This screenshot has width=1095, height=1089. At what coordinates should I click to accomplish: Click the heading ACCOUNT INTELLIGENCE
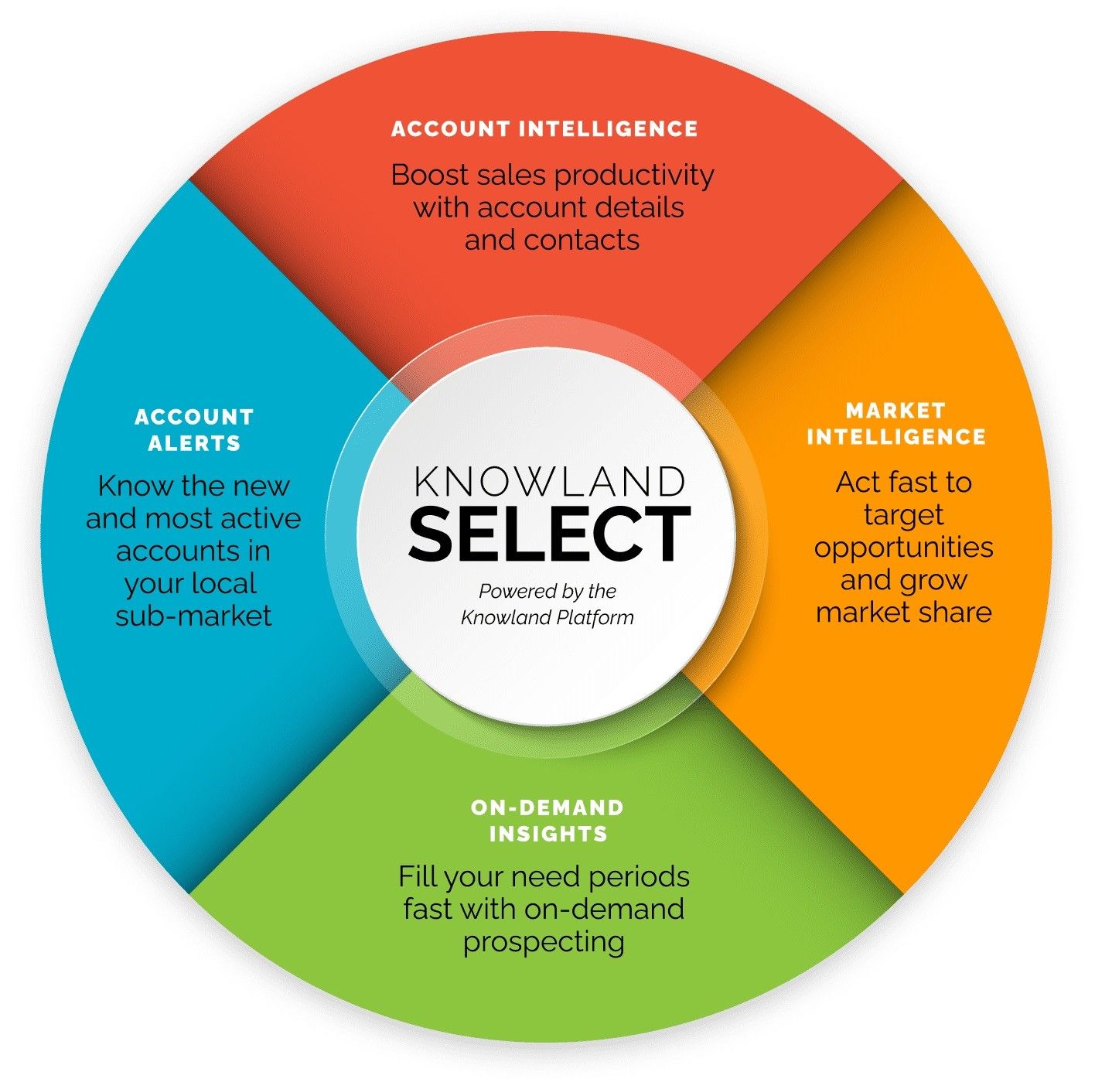[x=544, y=128]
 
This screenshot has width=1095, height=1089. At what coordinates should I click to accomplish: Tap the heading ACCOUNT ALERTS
[x=194, y=430]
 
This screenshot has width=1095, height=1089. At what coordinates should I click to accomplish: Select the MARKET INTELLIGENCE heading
[x=896, y=423]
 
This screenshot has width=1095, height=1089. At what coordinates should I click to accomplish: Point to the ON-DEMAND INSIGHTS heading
[x=547, y=821]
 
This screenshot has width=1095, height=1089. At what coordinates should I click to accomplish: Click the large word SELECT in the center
[x=549, y=534]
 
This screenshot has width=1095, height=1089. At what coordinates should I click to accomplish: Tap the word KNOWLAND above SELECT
[x=549, y=481]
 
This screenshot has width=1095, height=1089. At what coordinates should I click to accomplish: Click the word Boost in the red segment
[x=430, y=175]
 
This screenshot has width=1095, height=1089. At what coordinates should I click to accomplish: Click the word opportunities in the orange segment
[x=903, y=548]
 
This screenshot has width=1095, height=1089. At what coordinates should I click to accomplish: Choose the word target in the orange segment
[x=903, y=516]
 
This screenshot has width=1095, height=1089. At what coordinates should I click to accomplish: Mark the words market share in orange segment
[x=903, y=612]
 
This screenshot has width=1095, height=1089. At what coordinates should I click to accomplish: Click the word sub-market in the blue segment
[x=193, y=616]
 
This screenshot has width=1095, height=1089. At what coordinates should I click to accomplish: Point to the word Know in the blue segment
[x=136, y=486]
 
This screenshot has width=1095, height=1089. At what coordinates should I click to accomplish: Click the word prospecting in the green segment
[x=544, y=942]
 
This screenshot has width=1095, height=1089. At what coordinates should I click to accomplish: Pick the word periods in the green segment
[x=639, y=878]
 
